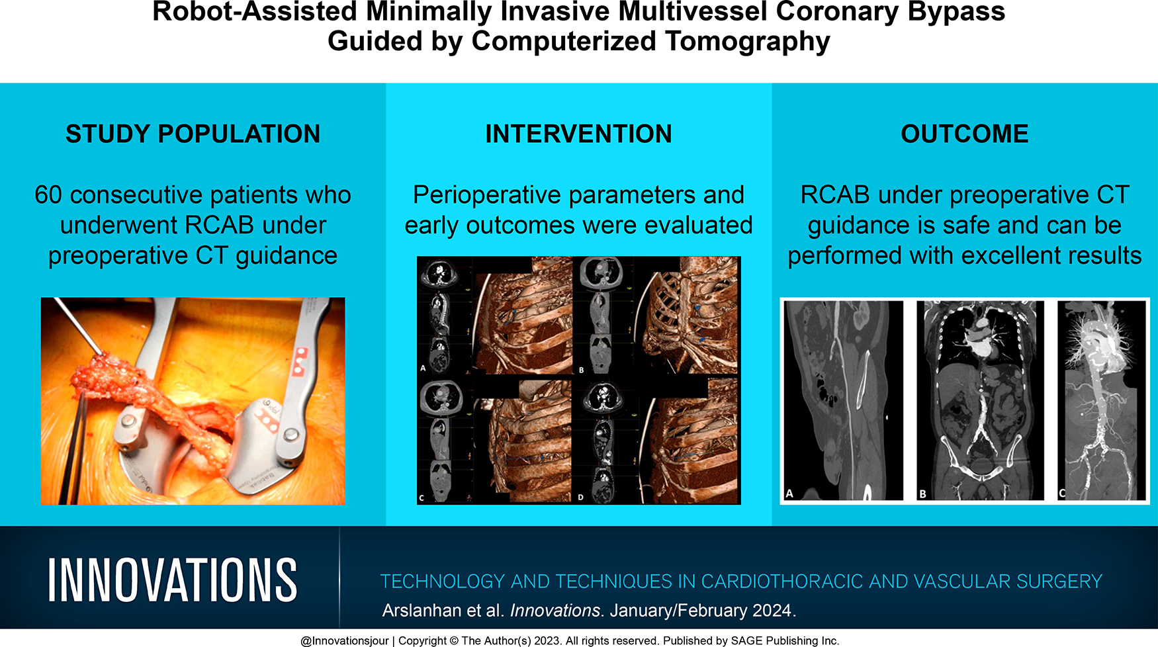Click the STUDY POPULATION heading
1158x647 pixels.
193,134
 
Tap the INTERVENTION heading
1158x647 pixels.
578,134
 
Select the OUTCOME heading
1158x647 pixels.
964,134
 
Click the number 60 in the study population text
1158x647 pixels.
48,195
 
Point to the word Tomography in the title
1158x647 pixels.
747,41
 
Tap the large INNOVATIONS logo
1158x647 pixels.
172,580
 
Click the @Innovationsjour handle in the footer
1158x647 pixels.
344,640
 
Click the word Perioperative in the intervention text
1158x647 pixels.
487,195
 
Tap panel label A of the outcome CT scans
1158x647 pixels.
789,494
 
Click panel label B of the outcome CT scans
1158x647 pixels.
922,494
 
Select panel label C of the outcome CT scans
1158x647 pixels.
1062,494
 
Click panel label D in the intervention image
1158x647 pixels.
580,497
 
